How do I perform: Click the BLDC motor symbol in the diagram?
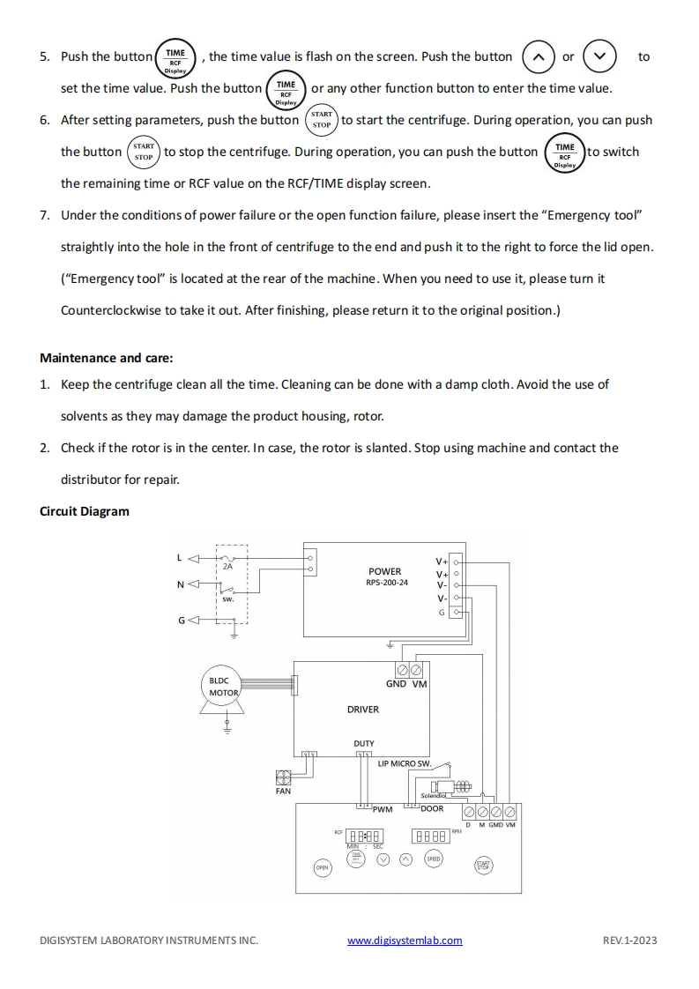point(224,688)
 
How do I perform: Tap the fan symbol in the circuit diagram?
point(283,777)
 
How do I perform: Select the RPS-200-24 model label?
point(387,583)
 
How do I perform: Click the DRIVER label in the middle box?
point(362,709)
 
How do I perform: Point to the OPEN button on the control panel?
point(323,868)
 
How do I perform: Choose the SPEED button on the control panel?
point(433,859)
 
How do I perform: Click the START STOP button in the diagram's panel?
point(483,866)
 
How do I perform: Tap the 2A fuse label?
point(227,566)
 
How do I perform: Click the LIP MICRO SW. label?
point(404,763)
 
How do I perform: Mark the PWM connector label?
point(383,808)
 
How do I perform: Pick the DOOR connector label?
point(432,808)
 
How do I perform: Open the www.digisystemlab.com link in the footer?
point(405,940)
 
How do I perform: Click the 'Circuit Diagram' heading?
point(85,511)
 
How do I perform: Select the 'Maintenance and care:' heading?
point(107,358)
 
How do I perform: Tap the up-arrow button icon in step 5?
point(539,56)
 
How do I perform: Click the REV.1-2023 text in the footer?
point(629,940)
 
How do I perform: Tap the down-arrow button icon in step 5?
point(599,56)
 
